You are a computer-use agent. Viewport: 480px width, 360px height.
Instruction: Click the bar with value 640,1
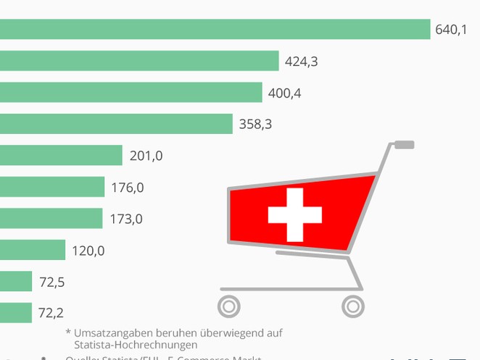(215, 30)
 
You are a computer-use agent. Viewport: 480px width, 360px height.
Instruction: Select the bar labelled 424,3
(139, 62)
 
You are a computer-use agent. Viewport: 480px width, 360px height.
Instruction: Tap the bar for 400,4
(131, 93)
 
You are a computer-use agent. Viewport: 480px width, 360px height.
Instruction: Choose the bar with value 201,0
(61, 156)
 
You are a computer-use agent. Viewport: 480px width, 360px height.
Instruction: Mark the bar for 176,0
(52, 188)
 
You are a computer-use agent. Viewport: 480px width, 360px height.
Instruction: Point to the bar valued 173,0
(51, 219)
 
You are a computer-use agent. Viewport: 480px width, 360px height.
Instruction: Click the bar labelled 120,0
(33, 251)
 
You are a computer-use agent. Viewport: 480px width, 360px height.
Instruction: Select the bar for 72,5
(16, 282)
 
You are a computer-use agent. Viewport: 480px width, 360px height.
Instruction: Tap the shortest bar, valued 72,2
(16, 313)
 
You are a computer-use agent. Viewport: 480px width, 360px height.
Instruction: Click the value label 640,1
(451, 30)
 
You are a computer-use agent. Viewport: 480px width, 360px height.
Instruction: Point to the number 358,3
(255, 125)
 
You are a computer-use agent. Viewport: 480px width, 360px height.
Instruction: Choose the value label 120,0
(88, 251)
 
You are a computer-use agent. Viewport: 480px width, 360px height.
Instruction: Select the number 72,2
(51, 313)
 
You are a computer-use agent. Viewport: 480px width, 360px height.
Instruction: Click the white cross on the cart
(295, 215)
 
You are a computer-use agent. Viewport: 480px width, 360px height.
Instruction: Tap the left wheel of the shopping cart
(229, 306)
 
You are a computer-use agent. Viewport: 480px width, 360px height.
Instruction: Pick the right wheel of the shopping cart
(352, 306)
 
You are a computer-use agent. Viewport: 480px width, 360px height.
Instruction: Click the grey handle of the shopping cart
(404, 145)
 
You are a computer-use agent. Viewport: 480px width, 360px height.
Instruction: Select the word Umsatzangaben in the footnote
(111, 333)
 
